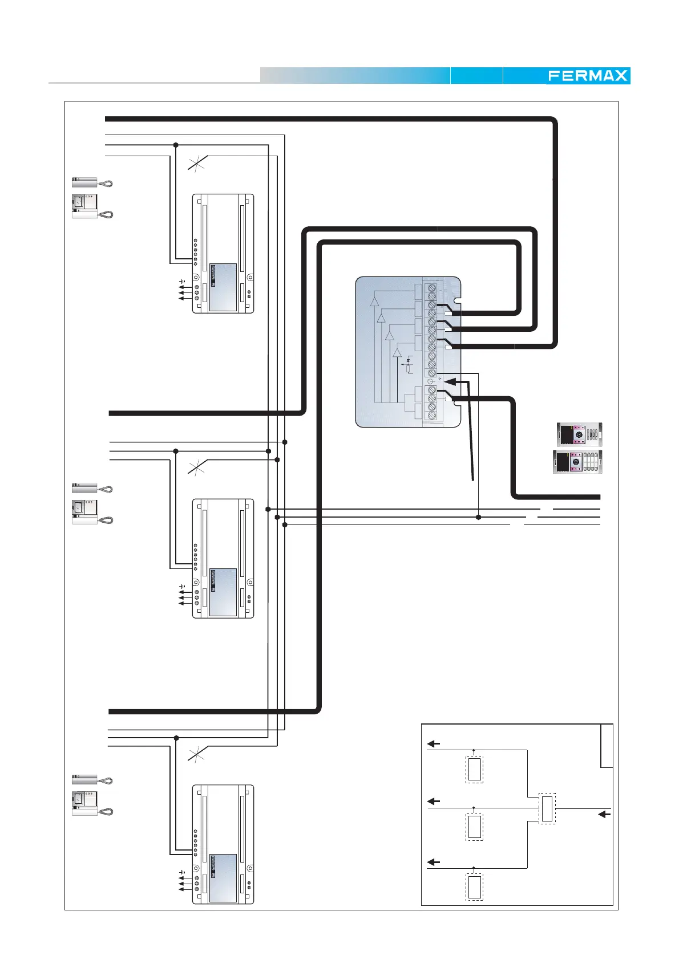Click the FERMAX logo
click(588, 76)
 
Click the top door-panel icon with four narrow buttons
click(579, 435)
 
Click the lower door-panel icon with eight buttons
click(578, 462)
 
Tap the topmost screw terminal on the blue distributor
click(432, 287)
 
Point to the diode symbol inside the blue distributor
click(408, 363)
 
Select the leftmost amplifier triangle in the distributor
click(374, 302)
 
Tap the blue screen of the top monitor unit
click(223, 287)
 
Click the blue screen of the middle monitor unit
click(223, 592)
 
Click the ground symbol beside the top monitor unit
click(183, 282)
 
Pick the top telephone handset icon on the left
click(92, 183)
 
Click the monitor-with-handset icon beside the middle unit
click(92, 511)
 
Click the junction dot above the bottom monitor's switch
click(176, 738)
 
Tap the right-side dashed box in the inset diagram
click(547, 808)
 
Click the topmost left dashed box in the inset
click(474, 770)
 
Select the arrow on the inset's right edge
click(604, 815)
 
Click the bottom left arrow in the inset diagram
click(434, 862)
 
